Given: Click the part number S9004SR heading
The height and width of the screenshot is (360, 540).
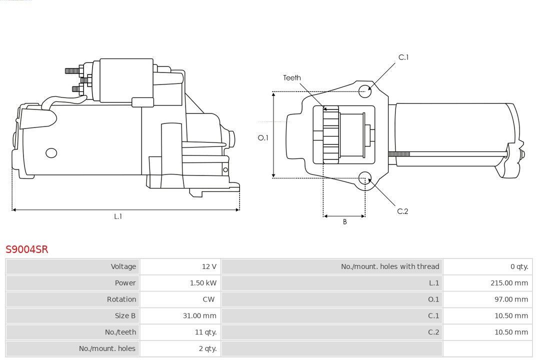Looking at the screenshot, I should coord(27,249).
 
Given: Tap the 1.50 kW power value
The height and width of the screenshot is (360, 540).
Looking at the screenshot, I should coord(203,283).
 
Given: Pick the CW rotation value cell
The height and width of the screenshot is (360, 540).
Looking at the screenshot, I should coord(208,299).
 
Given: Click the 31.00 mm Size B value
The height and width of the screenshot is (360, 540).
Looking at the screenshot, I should coord(199,315).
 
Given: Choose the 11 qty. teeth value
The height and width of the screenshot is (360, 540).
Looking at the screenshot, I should coord(205,332).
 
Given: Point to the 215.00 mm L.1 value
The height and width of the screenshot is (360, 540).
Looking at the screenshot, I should coord(509,283).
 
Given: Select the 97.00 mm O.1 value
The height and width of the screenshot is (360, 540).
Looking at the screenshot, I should coord(511,299).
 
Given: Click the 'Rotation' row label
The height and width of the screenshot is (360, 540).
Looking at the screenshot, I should coord(121,299).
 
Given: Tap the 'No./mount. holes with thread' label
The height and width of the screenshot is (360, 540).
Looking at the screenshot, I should coord(390,266).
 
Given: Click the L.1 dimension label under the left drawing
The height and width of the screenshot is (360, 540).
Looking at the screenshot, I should coord(118,216).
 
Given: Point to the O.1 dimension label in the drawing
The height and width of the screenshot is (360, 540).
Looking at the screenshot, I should coord(263,137).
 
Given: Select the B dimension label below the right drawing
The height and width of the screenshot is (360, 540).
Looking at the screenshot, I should coord(344,222).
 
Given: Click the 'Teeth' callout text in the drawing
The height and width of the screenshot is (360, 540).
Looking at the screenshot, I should coord(292,77).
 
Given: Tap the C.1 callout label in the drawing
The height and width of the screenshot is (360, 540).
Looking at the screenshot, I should coord(403,57).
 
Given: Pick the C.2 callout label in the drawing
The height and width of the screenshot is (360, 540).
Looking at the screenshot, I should coord(402,211).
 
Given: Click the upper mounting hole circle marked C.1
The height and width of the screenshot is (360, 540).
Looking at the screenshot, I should coord(365,90).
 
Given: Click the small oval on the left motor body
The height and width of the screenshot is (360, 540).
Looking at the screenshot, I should coord(51,152).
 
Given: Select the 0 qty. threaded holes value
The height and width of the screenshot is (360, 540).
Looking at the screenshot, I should coord(519,266).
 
